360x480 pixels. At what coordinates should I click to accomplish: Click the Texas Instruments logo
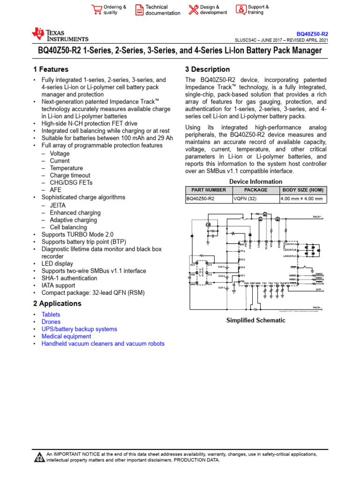60,35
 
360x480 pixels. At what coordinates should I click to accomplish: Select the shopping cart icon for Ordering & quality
97,10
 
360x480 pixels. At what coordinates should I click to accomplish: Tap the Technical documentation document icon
139,10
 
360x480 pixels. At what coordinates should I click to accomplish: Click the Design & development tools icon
193,10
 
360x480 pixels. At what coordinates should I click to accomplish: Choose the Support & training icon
240,10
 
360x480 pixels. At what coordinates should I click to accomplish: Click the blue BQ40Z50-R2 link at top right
313,34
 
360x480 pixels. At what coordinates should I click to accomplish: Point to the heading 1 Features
48,69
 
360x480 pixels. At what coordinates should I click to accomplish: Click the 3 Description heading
208,69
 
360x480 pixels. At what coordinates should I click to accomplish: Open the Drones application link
51,322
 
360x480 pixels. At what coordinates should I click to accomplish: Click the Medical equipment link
66,336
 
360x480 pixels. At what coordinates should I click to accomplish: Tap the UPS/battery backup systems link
79,329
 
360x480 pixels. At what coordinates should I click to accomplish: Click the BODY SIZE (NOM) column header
302,190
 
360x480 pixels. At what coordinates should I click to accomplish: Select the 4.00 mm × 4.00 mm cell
302,199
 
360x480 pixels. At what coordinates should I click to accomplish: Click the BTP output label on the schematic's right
318,290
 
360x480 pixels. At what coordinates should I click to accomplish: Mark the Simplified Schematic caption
255,320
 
